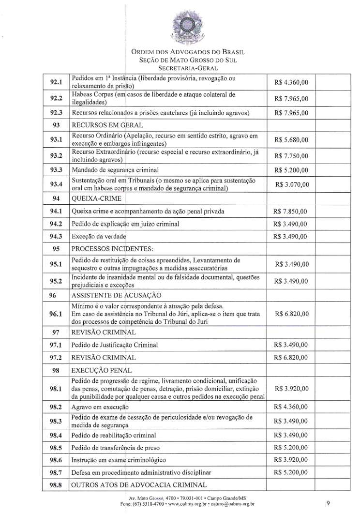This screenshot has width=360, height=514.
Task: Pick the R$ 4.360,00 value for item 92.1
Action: coord(291,82)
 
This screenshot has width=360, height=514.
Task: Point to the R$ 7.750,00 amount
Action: coord(291,155)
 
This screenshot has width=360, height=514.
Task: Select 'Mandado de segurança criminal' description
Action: coord(115,170)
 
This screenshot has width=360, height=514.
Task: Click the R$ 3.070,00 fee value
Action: coord(291,184)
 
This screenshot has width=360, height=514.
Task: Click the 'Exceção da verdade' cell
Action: coord(99,236)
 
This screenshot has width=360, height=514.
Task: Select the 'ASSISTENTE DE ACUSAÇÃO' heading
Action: coord(116,295)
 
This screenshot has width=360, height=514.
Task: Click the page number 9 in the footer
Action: coord(328,503)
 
